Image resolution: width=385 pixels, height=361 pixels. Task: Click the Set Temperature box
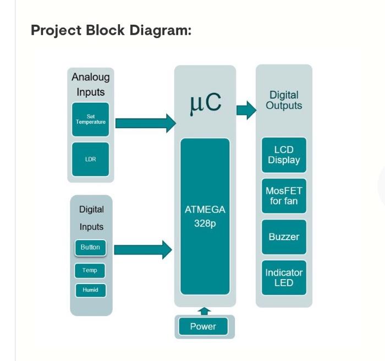point(91,119)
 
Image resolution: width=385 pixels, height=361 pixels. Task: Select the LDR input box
point(91,159)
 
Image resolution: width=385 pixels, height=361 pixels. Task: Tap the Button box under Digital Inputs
point(90,248)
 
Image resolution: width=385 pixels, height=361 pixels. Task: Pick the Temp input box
point(90,270)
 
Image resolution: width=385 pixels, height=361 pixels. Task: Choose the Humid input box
point(90,290)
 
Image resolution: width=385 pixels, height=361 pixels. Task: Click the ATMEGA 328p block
point(205,216)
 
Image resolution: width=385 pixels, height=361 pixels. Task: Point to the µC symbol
point(205,102)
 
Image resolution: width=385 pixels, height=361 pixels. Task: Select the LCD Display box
point(284,155)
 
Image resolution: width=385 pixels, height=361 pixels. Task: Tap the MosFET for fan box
point(284,196)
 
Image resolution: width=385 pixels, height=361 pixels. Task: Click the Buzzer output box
point(284,237)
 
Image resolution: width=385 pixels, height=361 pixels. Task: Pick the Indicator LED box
point(284,278)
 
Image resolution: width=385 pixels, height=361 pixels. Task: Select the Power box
point(204,327)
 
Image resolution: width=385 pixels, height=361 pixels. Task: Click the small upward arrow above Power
point(205,311)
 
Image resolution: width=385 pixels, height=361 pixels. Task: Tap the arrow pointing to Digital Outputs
point(246,110)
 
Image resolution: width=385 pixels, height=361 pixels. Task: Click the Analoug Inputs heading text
point(91,85)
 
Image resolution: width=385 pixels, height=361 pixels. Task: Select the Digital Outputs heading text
point(284,101)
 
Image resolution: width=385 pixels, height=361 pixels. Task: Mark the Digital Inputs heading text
point(91,218)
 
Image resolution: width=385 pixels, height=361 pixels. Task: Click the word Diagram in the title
point(160,30)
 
